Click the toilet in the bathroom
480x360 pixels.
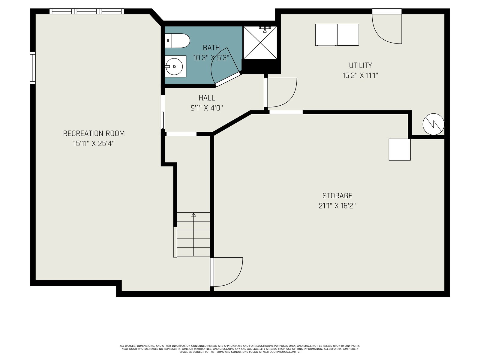point(177,41)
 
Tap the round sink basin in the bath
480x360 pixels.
point(174,66)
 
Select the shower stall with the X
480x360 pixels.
point(260,43)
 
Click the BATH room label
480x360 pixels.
point(211,48)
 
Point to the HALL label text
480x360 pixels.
point(207,98)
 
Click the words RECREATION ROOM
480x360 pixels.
point(94,133)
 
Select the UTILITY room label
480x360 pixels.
point(360,65)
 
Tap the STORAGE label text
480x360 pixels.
point(337,196)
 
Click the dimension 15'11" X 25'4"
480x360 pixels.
point(94,144)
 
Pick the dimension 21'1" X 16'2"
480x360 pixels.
point(337,206)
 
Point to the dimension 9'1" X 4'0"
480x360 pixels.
point(207,108)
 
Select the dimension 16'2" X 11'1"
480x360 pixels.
point(360,76)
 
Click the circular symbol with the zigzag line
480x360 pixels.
point(433,124)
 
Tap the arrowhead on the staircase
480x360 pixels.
point(193,214)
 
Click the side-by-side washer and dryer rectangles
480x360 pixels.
point(337,35)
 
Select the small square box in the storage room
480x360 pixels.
point(400,150)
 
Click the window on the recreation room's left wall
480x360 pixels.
point(33,68)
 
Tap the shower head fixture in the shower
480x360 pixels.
point(265,29)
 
